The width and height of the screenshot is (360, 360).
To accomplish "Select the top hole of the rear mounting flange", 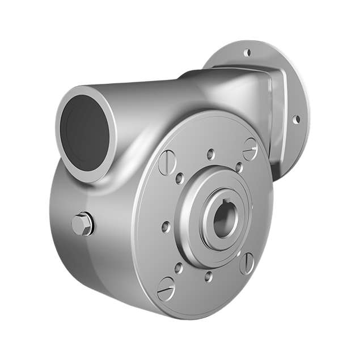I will pos(247,53).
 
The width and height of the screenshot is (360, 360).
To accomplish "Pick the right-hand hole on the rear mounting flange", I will pos(295,119).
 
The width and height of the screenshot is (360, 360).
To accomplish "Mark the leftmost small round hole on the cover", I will pos(165,226).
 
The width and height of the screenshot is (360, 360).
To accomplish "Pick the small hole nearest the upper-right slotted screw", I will pos(239,167).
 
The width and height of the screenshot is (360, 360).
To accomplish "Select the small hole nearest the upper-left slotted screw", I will pos(179,179).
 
